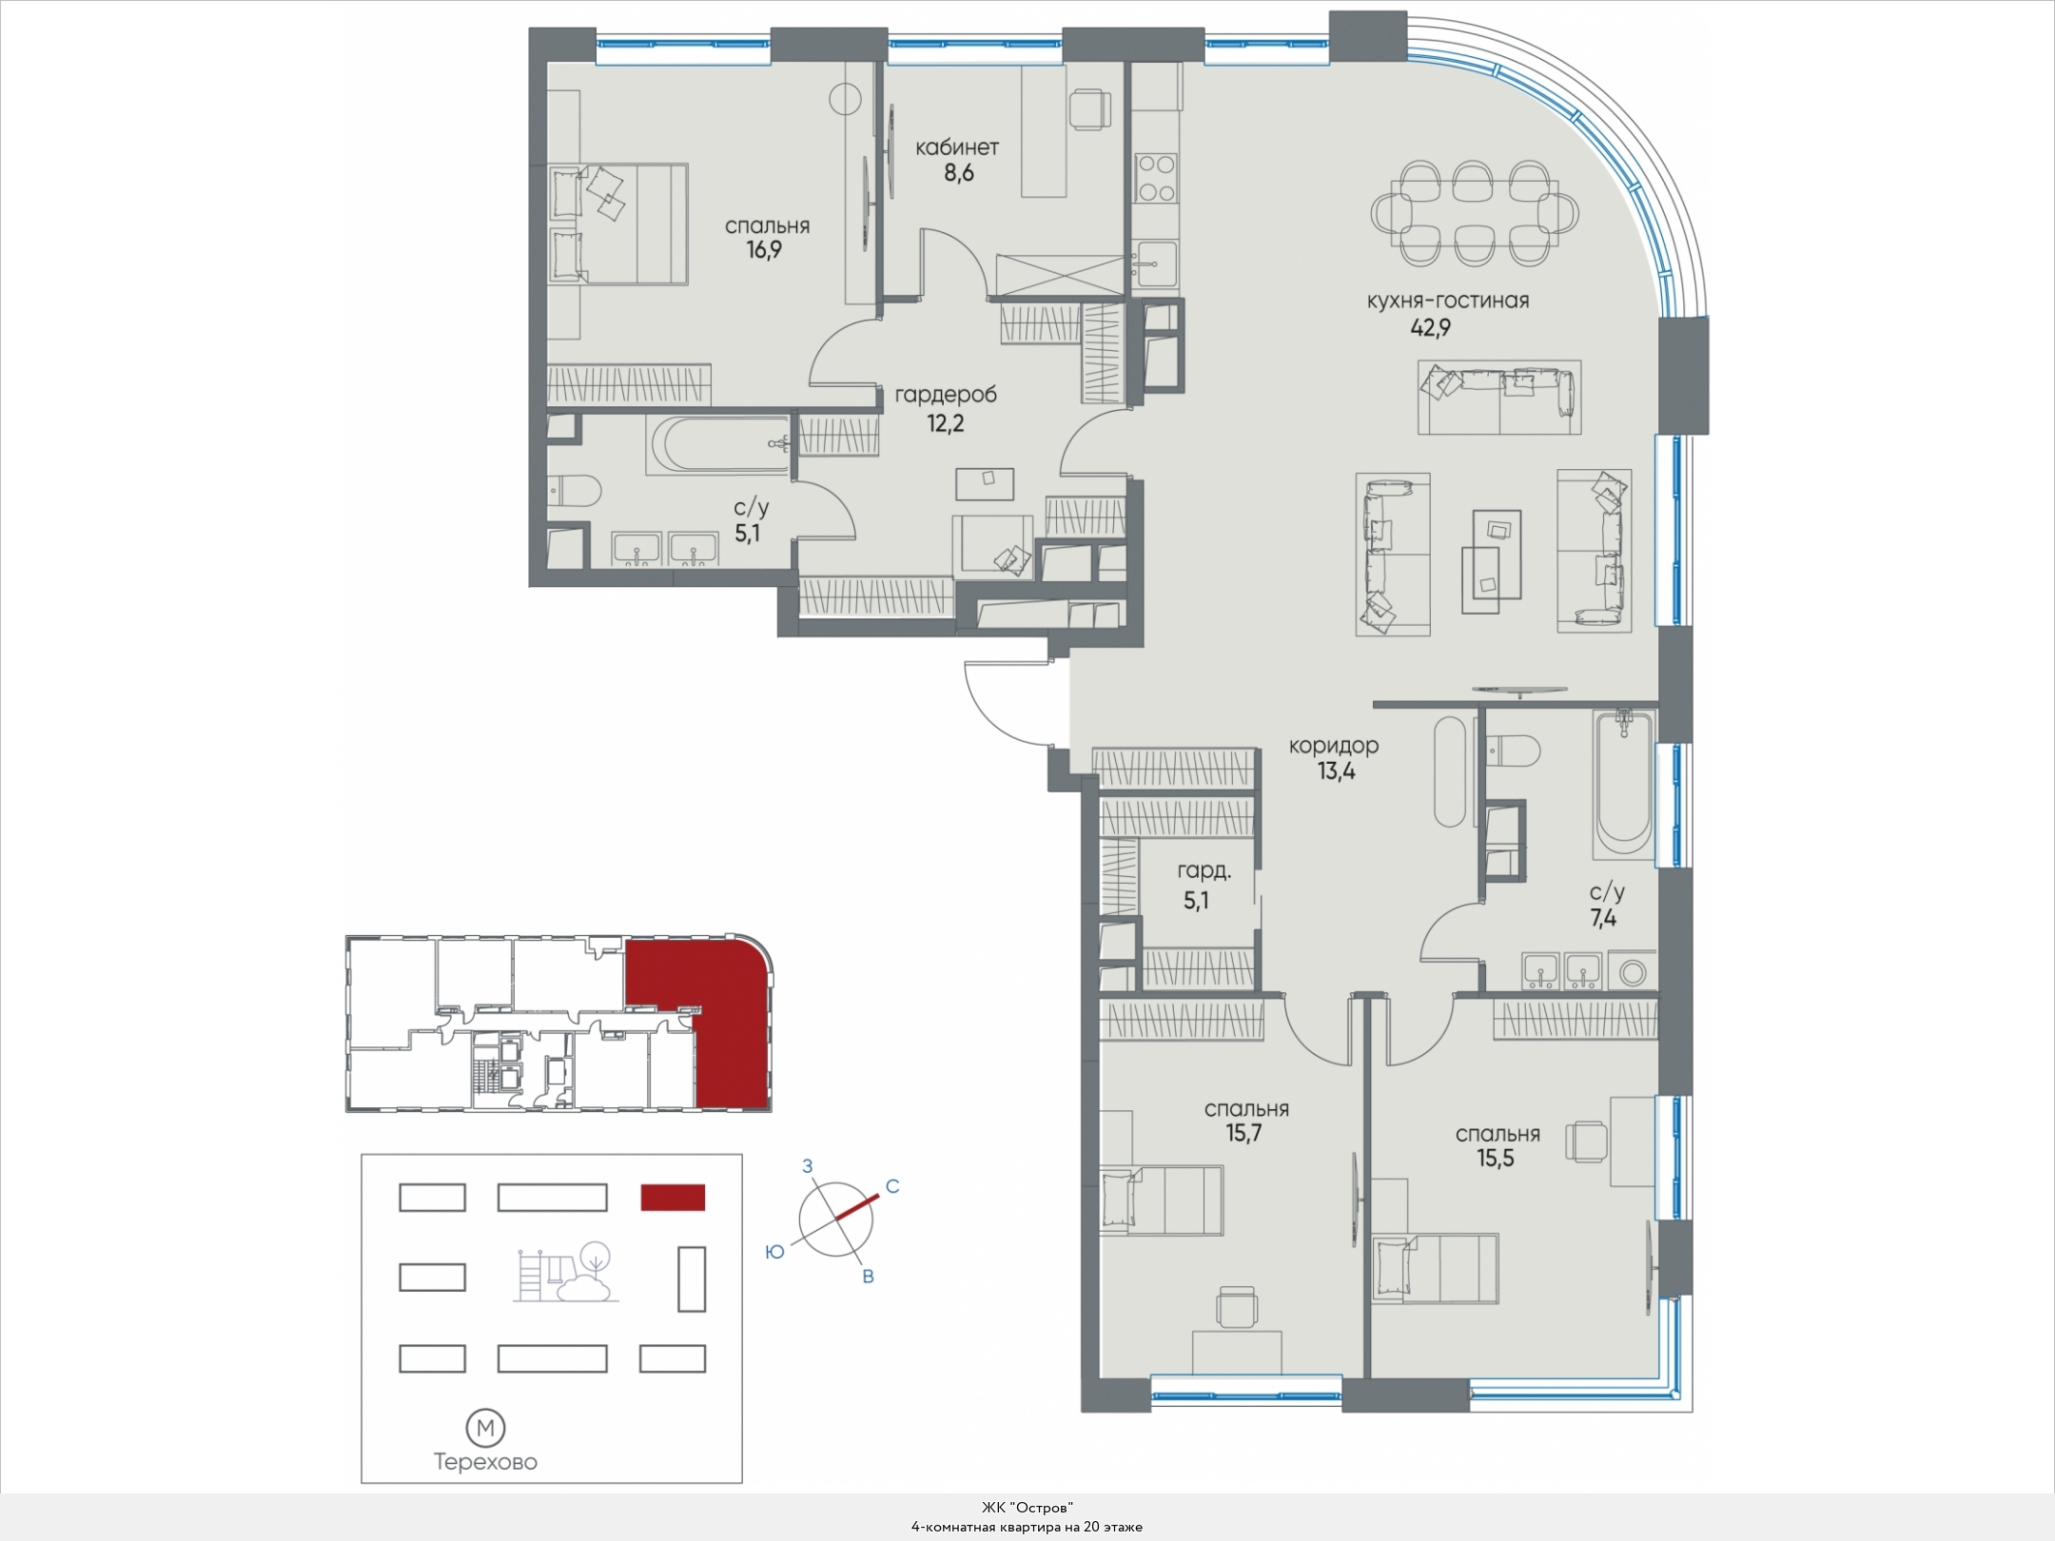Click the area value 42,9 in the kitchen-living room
pos(1430,328)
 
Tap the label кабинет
pos(957,147)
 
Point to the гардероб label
pos(946,395)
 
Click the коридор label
pos(1334,746)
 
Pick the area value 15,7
pos(1243,1133)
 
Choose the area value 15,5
pos(1496,1159)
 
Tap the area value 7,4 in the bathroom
pos(1603,918)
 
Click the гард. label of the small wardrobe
pos(1204,870)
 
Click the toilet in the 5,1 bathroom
pos(575,492)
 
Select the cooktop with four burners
pos(1156,178)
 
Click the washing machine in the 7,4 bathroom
pos(1634,972)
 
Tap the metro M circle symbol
pos(485,1428)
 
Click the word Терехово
pos(485,1462)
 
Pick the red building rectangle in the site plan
pos(673,1198)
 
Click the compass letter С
pos(892,1186)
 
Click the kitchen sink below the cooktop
pos(1155,263)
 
